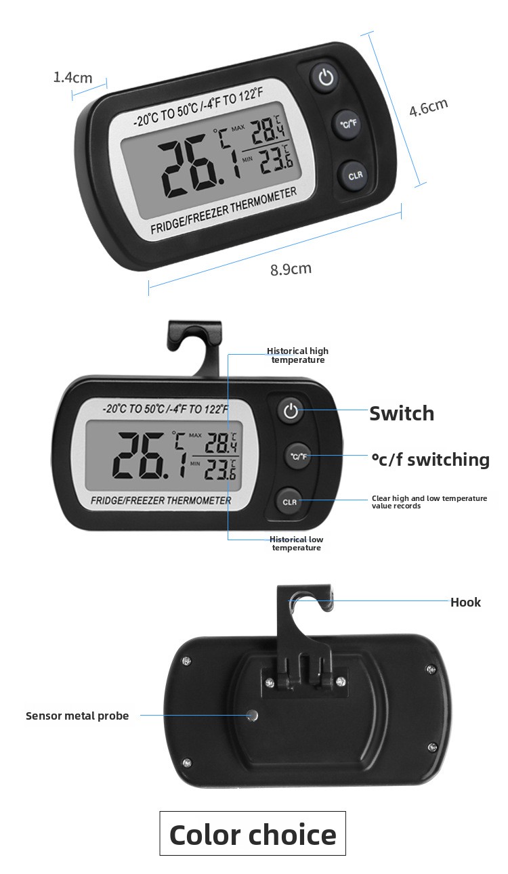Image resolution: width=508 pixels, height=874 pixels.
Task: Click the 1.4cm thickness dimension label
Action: point(72,77)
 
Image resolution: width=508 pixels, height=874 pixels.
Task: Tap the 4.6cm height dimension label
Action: point(428,107)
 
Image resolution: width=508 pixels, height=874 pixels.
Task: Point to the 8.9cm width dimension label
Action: point(291,269)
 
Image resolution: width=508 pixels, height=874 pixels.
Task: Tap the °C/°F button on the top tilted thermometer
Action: point(348,124)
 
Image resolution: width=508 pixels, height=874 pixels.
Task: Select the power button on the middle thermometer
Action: point(291,411)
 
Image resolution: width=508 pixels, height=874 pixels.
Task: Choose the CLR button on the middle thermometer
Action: point(290,502)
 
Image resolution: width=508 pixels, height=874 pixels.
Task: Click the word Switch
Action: point(402,413)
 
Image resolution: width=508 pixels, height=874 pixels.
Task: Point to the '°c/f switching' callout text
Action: point(430,459)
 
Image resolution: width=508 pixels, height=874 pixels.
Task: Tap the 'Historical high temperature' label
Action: point(298,355)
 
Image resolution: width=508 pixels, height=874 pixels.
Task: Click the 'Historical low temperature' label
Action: point(297,543)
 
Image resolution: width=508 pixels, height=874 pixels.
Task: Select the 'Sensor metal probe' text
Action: point(77,716)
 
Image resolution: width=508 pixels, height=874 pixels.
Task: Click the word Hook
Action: point(465,602)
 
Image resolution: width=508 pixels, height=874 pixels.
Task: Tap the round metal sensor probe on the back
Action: point(253,715)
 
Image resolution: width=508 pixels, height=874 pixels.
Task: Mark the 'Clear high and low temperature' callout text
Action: point(429,502)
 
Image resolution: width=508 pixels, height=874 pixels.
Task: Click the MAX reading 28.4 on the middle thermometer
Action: point(221,443)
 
